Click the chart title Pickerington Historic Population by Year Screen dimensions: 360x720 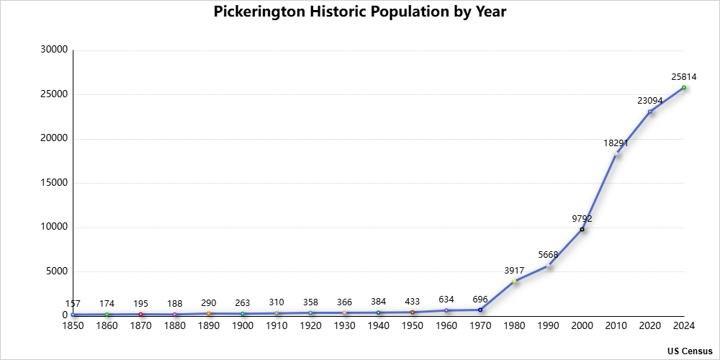(360, 12)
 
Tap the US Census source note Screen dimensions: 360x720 (689, 351)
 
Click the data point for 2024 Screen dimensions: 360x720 (684, 88)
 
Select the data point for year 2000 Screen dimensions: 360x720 (582, 229)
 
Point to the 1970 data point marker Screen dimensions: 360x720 (480, 310)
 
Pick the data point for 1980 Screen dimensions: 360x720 (514, 281)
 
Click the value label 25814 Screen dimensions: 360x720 (682, 76)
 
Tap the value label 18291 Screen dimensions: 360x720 (616, 143)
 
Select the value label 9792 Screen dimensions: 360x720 (582, 218)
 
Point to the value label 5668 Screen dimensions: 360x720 (548, 254)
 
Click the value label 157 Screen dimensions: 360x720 (73, 303)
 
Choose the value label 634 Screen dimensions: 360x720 (446, 299)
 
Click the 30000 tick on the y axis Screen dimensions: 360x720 (55, 50)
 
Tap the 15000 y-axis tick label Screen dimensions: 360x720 (55, 183)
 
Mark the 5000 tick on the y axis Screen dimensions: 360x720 (57, 271)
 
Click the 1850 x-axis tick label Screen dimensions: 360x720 (73, 326)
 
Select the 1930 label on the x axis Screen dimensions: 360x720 (344, 326)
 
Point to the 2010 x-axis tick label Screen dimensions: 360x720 (616, 326)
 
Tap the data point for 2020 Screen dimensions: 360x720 (650, 112)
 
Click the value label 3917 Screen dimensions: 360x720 (514, 270)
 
